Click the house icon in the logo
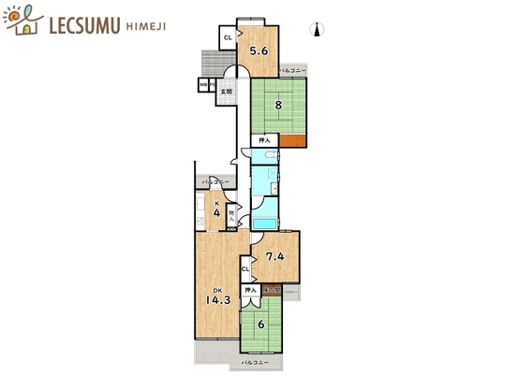click(23, 20)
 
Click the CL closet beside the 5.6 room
click(228, 38)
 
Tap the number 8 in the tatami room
click(277, 106)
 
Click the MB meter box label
click(201, 86)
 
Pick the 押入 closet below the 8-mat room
click(263, 141)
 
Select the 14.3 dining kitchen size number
click(218, 300)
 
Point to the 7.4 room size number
click(274, 257)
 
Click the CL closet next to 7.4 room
click(244, 270)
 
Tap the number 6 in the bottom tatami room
click(261, 324)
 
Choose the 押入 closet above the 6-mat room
click(249, 292)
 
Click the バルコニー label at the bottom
click(255, 362)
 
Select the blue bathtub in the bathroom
click(266, 220)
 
